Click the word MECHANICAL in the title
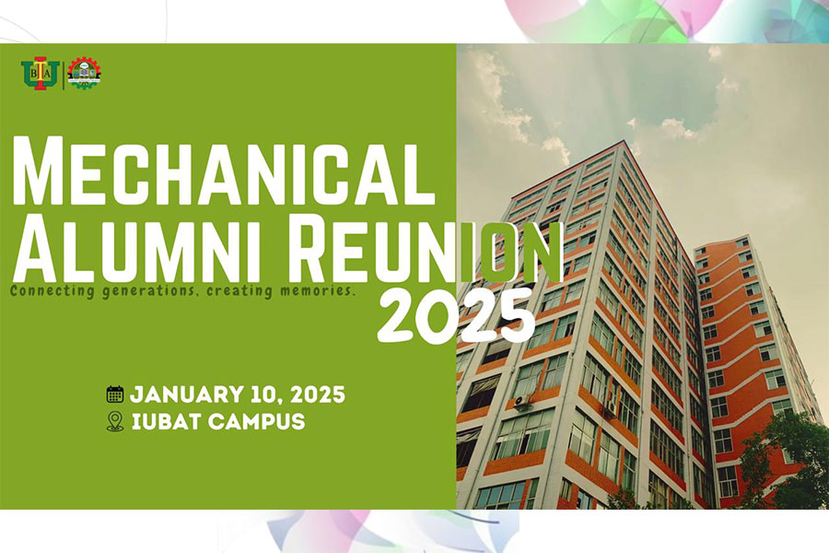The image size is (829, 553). (x=223, y=171)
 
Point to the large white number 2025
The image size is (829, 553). (x=455, y=313)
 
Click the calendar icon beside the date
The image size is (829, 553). (x=115, y=395)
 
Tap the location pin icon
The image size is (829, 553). (x=115, y=422)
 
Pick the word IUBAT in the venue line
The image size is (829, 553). (x=163, y=423)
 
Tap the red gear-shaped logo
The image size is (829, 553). (x=85, y=74)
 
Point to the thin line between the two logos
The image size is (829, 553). (x=64, y=75)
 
